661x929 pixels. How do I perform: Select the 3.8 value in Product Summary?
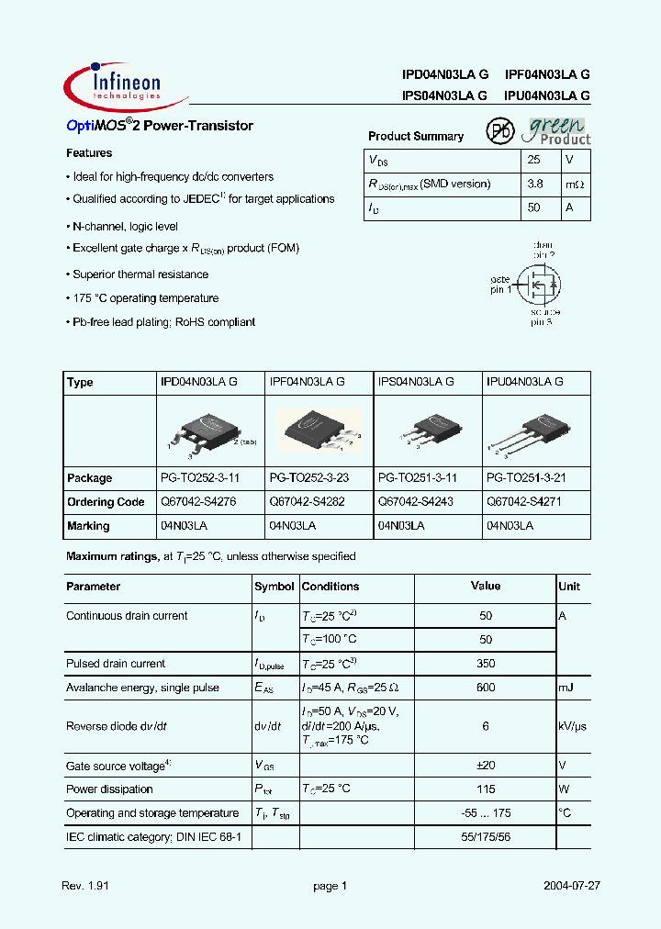tap(534, 184)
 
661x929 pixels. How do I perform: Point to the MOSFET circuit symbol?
tap(536, 285)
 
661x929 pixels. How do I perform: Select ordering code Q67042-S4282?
tap(307, 502)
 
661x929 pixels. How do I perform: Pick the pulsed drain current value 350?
tap(486, 664)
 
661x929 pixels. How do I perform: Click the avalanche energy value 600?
tap(486, 688)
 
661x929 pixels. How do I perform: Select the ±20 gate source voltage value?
tap(486, 766)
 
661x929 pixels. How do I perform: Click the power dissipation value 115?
tap(486, 789)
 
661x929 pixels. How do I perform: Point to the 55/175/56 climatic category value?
tap(486, 837)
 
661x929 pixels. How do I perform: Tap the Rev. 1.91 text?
tap(84, 886)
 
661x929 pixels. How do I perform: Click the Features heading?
tap(89, 153)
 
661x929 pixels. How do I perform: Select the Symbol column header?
tap(274, 587)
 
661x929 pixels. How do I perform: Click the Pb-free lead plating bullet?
tap(163, 322)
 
